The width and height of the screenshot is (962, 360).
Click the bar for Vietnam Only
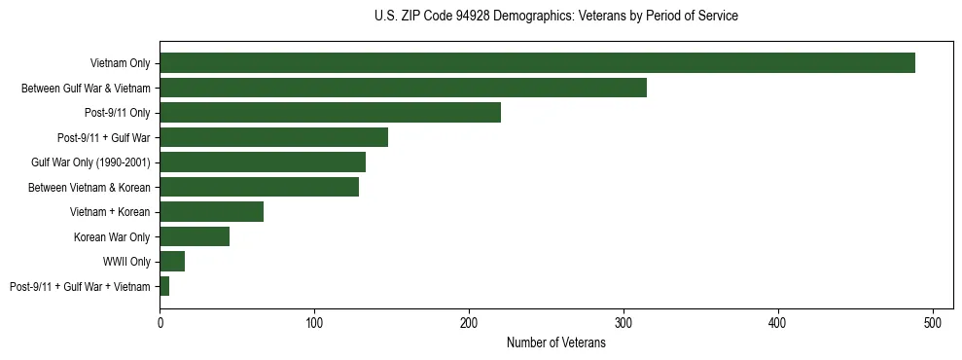537,62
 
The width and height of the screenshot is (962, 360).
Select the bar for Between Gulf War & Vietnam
403,88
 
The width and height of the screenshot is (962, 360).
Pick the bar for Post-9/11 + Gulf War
273,137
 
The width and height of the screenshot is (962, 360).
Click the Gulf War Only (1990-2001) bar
263,162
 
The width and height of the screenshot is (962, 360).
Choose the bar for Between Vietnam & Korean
259,187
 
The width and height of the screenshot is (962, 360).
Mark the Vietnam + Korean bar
211,212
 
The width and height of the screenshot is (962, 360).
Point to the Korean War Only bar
195,236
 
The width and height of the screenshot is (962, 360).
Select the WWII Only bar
172,262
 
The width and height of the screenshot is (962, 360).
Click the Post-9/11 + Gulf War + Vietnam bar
164,286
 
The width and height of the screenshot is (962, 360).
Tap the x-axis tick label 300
624,321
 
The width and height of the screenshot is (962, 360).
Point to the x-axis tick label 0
160,321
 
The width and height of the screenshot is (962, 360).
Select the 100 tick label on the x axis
314,321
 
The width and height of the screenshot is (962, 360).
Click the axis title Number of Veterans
555,342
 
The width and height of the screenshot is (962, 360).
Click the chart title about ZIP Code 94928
555,17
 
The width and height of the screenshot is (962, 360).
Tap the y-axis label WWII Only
126,262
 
